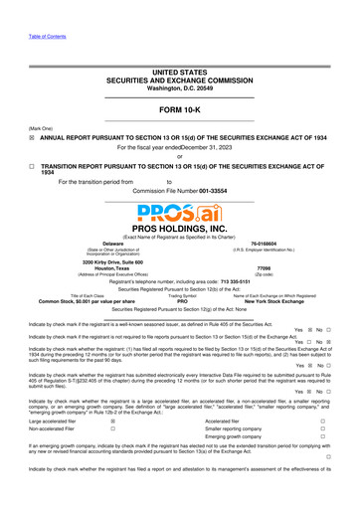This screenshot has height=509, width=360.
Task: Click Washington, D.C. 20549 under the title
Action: (180, 63)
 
